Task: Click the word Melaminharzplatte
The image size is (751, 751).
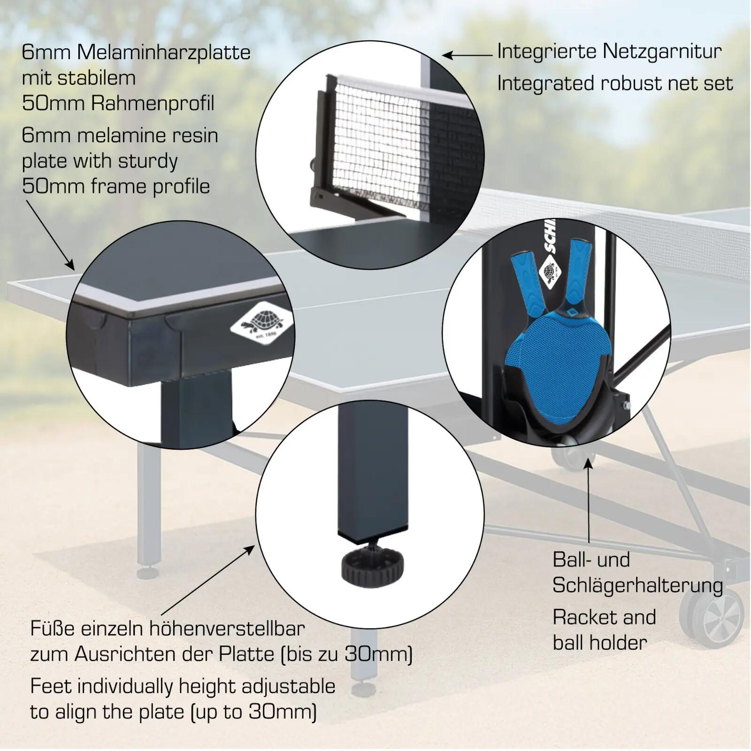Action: pos(163,52)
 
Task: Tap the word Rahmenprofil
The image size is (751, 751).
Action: pos(153,103)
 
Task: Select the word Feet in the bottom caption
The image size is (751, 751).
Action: pos(51,686)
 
